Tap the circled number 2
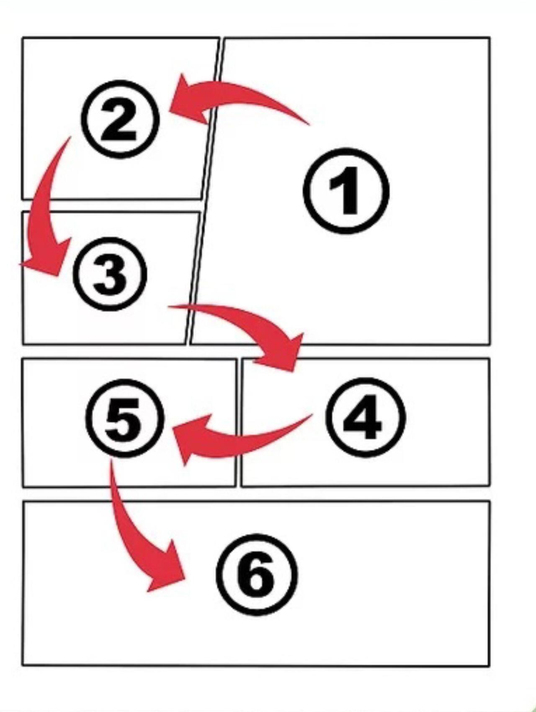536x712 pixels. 120,119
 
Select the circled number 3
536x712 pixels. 111,274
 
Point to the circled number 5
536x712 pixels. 124,417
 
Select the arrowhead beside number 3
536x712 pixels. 46,258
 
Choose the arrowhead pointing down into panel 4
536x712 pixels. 281,352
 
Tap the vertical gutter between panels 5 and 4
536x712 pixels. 238,423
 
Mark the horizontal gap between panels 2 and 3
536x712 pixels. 111,205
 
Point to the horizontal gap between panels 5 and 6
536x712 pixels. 255,494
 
